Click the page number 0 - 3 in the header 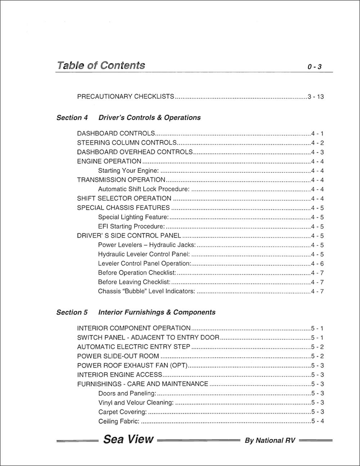(314, 67)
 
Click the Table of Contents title (101, 65)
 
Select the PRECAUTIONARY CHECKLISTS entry (126, 97)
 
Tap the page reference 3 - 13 (316, 97)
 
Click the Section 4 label (72, 117)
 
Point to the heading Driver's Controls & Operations (149, 117)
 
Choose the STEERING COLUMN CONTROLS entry (127, 143)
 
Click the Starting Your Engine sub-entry (129, 171)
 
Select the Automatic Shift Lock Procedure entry (144, 189)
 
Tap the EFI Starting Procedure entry (131, 227)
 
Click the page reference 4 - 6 (317, 264)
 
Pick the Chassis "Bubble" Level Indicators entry (147, 291)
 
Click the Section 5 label (72, 312)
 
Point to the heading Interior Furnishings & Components (157, 312)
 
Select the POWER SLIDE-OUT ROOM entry (118, 356)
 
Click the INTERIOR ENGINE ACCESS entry (120, 375)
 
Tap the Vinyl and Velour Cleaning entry (136, 403)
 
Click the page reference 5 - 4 (317, 421)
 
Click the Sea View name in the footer (128, 439)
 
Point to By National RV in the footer (270, 440)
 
